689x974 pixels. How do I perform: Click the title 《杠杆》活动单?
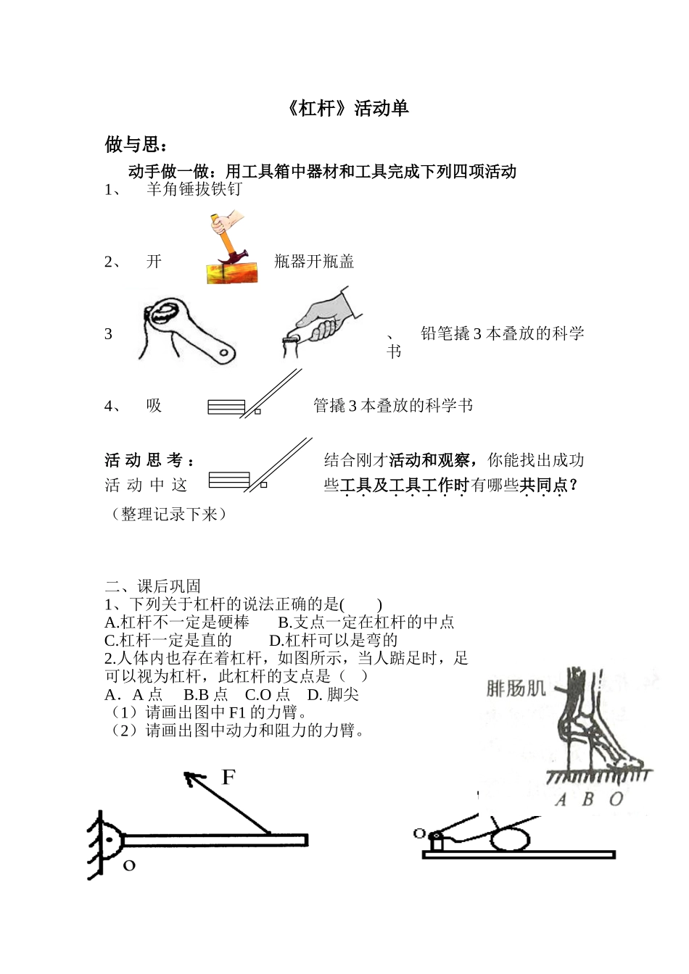pos(344,109)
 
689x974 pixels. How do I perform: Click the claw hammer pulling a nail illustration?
pos(231,250)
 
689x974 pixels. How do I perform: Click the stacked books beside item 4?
pos(226,407)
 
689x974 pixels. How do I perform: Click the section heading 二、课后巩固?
pos(153,586)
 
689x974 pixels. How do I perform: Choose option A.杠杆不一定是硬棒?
pos(177,622)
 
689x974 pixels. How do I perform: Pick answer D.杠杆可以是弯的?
pos(333,640)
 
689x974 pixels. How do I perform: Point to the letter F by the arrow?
pos(228,778)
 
